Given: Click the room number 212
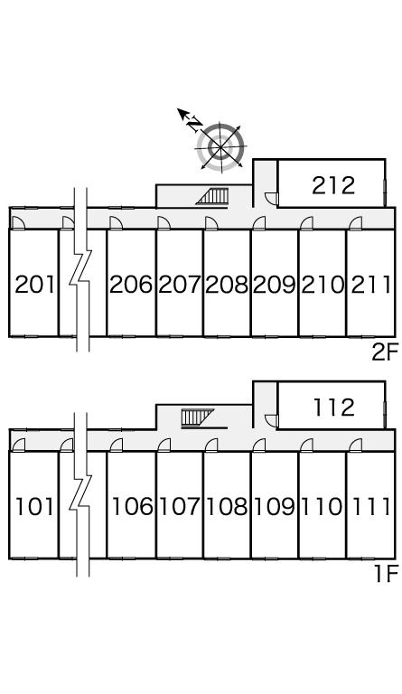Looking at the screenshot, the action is coord(333,185).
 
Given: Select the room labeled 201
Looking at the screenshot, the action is coord(34,284).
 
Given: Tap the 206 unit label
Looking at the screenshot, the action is coord(131,284).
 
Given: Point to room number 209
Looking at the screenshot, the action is coord(275,284).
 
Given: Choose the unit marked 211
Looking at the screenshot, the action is coord(370,284).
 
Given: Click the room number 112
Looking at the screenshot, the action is coord(334,408).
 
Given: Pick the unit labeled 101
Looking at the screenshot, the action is coord(34,506).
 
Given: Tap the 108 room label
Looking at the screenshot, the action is coord(227,506).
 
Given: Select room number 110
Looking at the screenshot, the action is coord(322,506).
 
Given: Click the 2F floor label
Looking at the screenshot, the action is coord(382,352).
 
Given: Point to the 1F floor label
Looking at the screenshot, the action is coord(384,575).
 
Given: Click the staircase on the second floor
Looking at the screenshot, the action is coord(212,196).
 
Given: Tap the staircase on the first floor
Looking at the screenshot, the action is coord(198,417).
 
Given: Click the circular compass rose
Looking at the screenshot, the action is coord(220,147).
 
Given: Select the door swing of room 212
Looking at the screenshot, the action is coord(270,198).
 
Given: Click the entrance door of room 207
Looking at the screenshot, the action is coord(164,222).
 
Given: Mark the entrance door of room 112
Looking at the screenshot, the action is coord(270,419).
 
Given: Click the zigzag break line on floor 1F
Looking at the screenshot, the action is coord(81,494).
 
